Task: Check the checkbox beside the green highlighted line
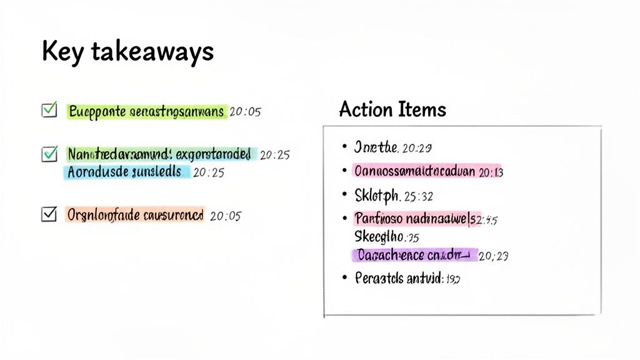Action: [x=49, y=110]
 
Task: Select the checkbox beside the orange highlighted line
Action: [x=49, y=214]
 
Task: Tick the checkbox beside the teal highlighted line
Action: [x=49, y=153]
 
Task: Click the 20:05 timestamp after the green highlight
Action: [x=245, y=112]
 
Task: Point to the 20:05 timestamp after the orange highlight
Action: [x=226, y=216]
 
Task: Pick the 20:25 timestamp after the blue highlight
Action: [x=208, y=172]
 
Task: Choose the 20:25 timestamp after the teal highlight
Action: [x=274, y=154]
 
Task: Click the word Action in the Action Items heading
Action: [x=364, y=110]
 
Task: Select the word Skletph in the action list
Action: [x=377, y=196]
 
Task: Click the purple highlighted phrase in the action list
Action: [x=414, y=254]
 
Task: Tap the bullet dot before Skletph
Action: [x=344, y=194]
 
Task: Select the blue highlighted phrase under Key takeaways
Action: [x=125, y=172]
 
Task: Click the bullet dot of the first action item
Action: [x=344, y=147]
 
